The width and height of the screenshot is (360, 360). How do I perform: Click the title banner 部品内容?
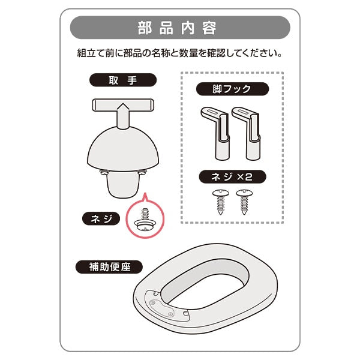click(x=180, y=28)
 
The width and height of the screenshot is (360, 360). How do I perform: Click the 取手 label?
click(x=122, y=80)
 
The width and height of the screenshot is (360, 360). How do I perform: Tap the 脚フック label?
click(x=232, y=89)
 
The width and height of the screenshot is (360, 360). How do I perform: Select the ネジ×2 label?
click(x=232, y=178)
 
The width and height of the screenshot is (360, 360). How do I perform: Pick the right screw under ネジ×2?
click(x=244, y=200)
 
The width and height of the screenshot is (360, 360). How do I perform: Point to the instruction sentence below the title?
click(x=180, y=53)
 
